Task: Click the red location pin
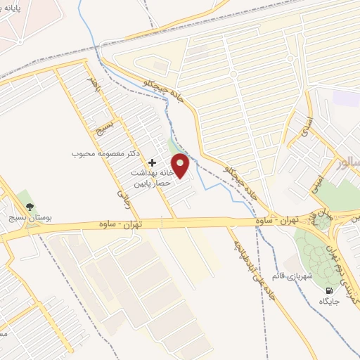pyautogui.click(x=181, y=165)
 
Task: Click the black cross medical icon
pyautogui.click(x=152, y=162)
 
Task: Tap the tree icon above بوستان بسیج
pyautogui.click(x=30, y=206)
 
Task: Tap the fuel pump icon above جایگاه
pyautogui.click(x=328, y=290)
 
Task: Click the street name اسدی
pyautogui.click(x=304, y=127)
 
